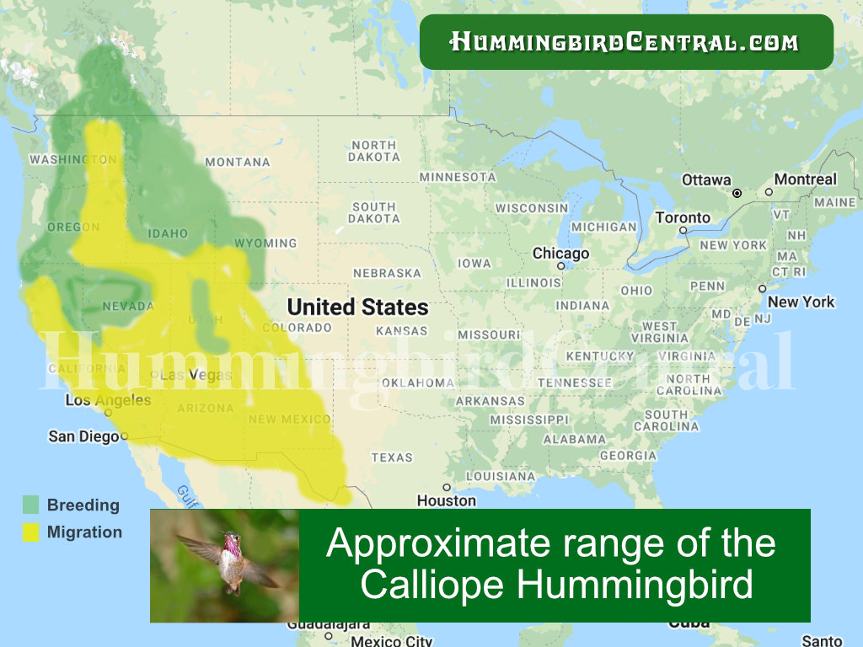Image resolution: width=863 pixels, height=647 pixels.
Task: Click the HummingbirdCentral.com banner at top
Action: pyautogui.click(x=625, y=41)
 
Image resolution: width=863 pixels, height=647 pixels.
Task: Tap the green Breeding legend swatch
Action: pyautogui.click(x=31, y=505)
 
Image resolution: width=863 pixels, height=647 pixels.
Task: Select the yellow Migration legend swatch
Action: pyautogui.click(x=31, y=532)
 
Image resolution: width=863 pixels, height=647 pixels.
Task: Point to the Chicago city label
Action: pyautogui.click(x=560, y=254)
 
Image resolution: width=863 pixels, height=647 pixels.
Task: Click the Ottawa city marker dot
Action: pyautogui.click(x=737, y=193)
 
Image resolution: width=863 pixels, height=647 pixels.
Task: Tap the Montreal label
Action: pyautogui.click(x=805, y=179)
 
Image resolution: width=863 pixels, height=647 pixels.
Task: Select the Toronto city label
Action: pyautogui.click(x=683, y=217)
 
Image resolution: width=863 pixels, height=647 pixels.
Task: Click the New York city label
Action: pyautogui.click(x=801, y=302)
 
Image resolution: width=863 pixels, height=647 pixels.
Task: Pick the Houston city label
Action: pyautogui.click(x=447, y=500)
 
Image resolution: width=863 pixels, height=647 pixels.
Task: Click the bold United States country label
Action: pyautogui.click(x=358, y=307)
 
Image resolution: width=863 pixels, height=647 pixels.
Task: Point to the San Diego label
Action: pyautogui.click(x=83, y=436)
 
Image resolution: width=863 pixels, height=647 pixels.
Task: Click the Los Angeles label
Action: pyautogui.click(x=108, y=400)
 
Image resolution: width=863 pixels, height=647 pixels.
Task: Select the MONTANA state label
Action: pyautogui.click(x=238, y=162)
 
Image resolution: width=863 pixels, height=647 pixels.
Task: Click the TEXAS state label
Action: pyautogui.click(x=392, y=457)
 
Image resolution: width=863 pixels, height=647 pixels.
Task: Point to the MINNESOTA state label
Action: pyautogui.click(x=458, y=177)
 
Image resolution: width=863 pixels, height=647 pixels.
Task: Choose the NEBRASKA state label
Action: pyautogui.click(x=387, y=273)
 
